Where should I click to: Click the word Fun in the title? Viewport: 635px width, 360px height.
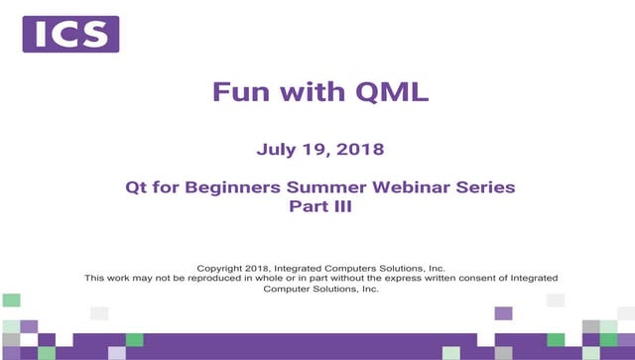click(235, 92)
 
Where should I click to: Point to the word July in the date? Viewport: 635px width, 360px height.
click(276, 151)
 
